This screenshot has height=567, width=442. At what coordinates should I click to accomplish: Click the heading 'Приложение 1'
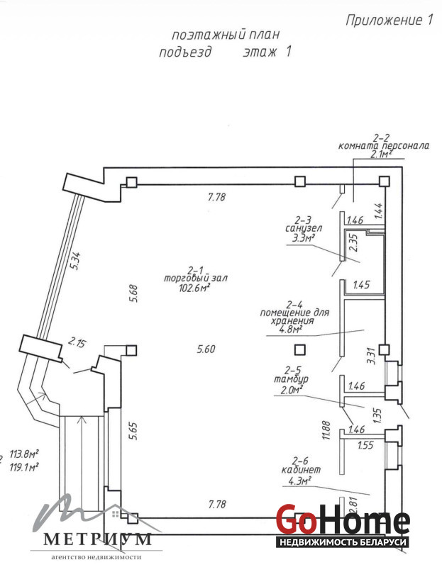(389, 20)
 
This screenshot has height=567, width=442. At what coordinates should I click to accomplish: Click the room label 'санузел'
(304, 229)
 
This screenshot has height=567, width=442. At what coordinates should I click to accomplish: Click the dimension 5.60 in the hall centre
(205, 348)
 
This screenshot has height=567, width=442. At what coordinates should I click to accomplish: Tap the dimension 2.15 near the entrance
(76, 344)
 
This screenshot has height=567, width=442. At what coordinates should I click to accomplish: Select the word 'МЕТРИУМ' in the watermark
(98, 539)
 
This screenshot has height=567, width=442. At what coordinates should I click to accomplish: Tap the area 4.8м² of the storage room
(291, 328)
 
